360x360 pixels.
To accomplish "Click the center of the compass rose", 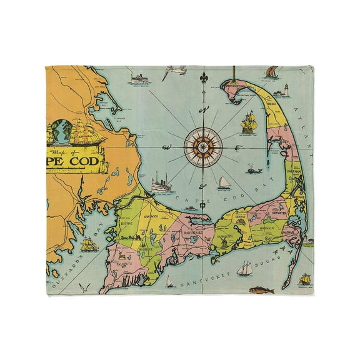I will (201, 143).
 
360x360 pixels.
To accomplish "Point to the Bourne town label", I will (123, 219).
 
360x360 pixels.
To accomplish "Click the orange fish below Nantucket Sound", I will (256, 290).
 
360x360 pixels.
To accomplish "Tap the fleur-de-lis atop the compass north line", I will (201, 81).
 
